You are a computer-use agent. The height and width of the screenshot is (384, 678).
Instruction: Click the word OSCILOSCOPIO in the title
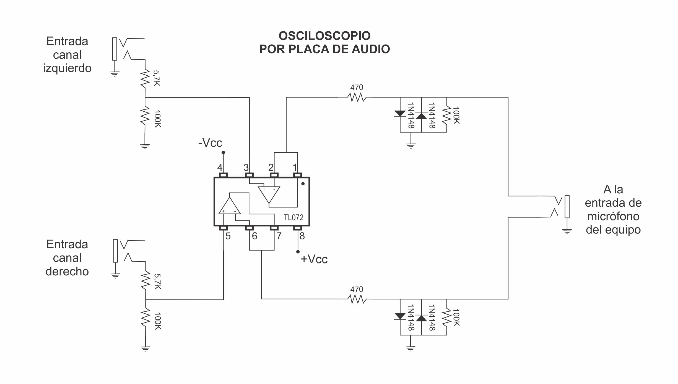coord(324,36)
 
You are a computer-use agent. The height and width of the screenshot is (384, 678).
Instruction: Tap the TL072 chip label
coord(293,217)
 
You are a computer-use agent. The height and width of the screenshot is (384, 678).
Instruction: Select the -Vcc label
coord(210,143)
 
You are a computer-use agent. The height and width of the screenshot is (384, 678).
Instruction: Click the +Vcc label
coord(314,259)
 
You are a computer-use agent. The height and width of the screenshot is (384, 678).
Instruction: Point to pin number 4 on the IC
coord(220,168)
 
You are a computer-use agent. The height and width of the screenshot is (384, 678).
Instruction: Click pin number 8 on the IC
coord(302,236)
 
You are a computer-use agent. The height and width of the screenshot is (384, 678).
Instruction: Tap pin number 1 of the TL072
coord(295,168)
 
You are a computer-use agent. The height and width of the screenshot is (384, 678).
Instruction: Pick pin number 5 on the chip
coord(228,236)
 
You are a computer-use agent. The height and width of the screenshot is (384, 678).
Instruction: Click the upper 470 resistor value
coord(357,88)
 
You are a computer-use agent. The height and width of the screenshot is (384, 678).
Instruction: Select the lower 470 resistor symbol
coord(357,299)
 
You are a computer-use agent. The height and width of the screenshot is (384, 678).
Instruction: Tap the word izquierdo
coord(67,68)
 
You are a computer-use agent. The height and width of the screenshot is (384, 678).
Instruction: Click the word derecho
coord(67,271)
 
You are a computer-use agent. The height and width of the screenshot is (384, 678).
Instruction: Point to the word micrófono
coord(613,216)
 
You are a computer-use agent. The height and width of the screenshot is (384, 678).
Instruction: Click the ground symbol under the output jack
coord(567,231)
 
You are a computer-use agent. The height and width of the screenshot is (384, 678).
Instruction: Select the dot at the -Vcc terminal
coord(223,153)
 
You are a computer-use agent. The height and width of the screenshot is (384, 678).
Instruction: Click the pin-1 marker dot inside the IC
coord(303,184)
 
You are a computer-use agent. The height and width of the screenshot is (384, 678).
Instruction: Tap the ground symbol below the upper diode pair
coord(411,146)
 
